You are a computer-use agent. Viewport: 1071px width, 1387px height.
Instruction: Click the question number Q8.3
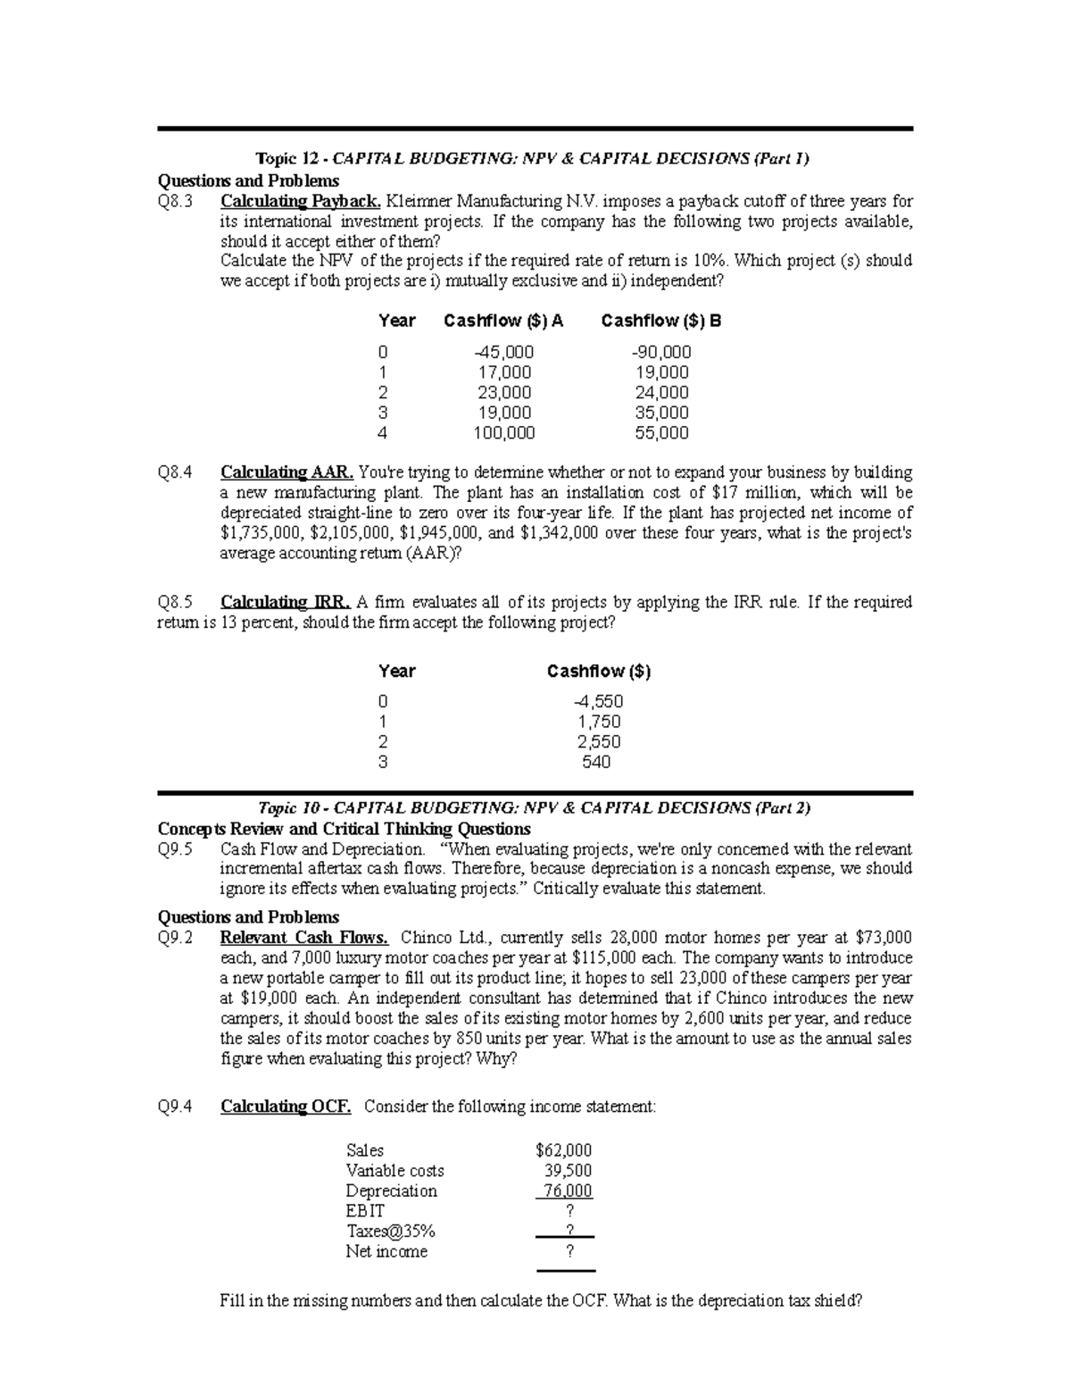(174, 201)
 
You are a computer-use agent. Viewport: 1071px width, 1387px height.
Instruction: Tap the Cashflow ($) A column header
(503, 321)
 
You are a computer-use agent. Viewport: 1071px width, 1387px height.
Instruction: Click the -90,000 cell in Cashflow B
(660, 352)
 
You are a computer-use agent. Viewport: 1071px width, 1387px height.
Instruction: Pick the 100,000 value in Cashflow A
(504, 433)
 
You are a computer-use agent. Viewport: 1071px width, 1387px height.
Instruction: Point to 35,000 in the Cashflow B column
(661, 413)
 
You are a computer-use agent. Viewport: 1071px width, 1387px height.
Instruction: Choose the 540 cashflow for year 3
(596, 762)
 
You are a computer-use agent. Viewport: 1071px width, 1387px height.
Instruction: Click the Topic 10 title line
(534, 808)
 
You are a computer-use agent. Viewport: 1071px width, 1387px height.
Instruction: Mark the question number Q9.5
(175, 849)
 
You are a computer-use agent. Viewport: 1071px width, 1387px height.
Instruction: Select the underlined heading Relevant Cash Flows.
(304, 938)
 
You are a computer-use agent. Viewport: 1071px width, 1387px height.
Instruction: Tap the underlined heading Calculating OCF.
(286, 1107)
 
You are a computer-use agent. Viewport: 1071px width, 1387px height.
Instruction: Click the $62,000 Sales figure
(563, 1150)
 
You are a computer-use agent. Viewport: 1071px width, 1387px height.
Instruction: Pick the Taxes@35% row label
(390, 1232)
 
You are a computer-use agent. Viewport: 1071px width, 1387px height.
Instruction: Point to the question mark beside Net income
(570, 1252)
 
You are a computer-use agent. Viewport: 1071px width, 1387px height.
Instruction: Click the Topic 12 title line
(533, 159)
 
